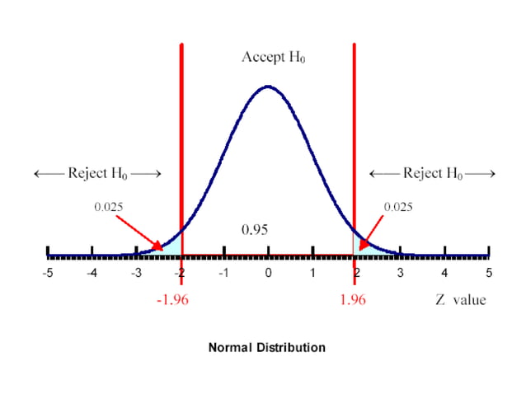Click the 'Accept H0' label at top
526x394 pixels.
click(274, 58)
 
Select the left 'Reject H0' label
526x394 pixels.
click(97, 173)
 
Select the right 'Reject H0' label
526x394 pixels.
click(432, 173)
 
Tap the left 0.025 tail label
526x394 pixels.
click(108, 206)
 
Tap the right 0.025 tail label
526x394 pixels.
click(398, 206)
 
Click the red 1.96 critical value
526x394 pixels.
click(353, 299)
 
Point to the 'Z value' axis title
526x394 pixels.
click(461, 299)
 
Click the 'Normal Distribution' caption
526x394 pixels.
click(266, 347)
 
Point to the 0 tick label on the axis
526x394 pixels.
click(268, 273)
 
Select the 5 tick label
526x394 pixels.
click(489, 273)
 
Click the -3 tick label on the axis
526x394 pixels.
click(135, 273)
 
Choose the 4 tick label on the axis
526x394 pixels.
click(444, 273)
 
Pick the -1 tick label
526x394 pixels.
click(223, 273)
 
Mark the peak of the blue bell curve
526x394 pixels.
click(267, 86)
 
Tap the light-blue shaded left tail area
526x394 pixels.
click(174, 246)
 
